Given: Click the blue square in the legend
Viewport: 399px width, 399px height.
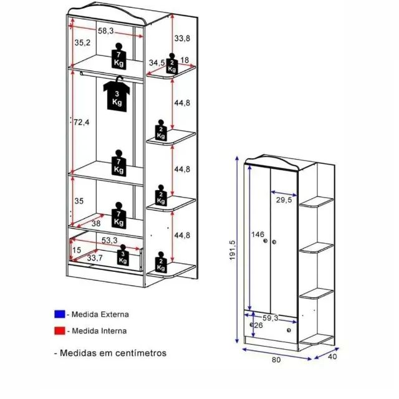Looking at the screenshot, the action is coord(60,314).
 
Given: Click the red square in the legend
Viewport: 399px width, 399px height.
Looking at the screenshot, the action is coord(60,330).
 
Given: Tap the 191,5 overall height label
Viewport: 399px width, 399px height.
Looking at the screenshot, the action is coord(233,250).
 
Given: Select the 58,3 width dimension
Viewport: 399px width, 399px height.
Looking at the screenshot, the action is coord(106,31).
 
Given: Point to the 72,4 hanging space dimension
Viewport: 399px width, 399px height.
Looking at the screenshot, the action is coord(82,122).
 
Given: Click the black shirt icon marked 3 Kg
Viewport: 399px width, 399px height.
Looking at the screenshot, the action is coord(117,94).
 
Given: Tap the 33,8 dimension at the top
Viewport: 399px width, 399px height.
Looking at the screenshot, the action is coord(182,38).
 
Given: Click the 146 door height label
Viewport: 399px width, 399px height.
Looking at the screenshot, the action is coord(257,234).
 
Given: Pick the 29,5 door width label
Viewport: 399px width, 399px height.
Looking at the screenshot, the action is coord(284,200).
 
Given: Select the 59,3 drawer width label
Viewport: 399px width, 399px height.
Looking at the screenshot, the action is coord(270,318).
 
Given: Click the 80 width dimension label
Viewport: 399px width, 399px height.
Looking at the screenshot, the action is coord(276,360).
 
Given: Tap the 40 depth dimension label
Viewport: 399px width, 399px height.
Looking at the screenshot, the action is coord(332,357).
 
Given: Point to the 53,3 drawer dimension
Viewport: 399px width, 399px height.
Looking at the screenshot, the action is coord(110,240).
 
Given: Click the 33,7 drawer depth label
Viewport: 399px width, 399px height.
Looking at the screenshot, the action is coord(95,258).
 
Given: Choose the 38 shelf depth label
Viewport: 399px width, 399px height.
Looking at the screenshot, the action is coord(96,223).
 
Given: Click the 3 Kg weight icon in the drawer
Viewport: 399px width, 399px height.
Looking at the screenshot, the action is coord(123,255).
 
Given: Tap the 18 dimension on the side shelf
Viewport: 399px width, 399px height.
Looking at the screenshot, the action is coord(185,60).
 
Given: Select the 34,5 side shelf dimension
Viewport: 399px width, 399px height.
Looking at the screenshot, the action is coord(156,62).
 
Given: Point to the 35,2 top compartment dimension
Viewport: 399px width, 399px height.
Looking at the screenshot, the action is coord(82,42).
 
